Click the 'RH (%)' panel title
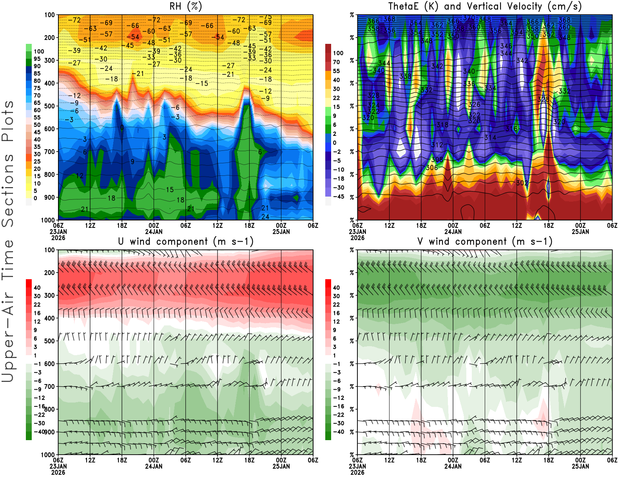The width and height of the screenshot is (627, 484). coord(185,6)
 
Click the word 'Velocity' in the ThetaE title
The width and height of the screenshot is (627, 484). coord(522,6)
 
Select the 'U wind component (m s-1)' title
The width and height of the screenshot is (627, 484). coord(186,241)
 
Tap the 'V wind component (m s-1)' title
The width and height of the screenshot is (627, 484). coord(485,241)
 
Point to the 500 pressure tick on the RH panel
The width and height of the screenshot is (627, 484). coord(49,106)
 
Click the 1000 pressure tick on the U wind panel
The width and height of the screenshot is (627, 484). coord(48,455)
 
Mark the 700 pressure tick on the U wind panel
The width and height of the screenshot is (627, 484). coord(49,386)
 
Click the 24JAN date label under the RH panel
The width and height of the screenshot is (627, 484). coord(154,231)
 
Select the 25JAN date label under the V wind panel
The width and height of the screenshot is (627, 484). coord(580,466)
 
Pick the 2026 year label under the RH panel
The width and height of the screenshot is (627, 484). coord(58,238)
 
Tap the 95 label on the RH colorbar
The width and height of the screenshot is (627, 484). coord(37,59)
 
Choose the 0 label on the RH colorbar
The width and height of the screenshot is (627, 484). coord(35,198)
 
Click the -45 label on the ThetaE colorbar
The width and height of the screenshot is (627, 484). coord(338,197)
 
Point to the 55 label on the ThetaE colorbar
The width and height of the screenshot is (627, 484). coord(336,71)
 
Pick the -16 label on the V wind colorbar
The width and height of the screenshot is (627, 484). coord(338,406)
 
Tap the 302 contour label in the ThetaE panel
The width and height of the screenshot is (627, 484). coord(522,183)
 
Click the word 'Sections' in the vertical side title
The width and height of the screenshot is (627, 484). coord(8,190)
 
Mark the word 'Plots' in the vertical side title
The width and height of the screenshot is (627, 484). coord(8,121)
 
